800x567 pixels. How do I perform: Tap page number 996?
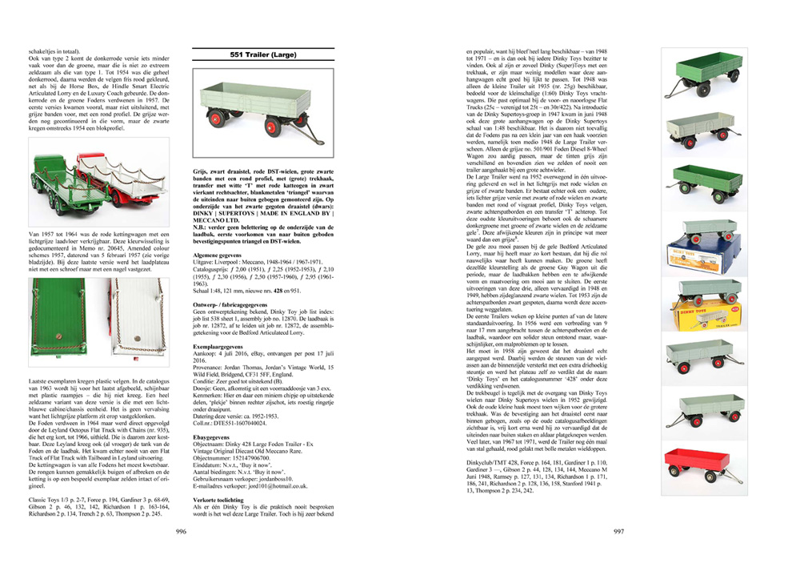[x=182, y=531]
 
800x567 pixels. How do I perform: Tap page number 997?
[x=618, y=531]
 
